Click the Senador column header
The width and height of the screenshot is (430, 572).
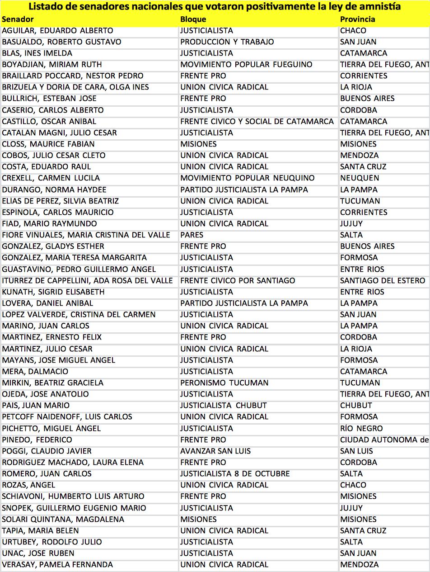18,19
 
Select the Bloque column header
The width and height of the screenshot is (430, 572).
193,19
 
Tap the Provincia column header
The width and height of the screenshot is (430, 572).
357,19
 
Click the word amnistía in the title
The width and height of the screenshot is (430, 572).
379,7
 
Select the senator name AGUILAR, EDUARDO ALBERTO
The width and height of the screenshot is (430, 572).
57,31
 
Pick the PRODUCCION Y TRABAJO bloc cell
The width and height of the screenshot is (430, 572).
227,42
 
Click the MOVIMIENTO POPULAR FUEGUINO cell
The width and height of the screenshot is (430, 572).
246,65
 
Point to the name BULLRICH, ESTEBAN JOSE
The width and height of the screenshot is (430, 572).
49,99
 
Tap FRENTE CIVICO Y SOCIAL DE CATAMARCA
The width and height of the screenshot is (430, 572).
257,122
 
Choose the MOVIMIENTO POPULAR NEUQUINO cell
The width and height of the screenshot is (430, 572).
247,178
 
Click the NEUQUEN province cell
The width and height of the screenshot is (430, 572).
360,178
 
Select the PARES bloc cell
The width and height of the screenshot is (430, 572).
192,235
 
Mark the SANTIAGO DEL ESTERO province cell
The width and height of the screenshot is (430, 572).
382,281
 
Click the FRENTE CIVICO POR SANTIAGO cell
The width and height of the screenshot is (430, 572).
238,281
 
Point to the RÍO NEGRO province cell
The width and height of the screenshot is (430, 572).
361,429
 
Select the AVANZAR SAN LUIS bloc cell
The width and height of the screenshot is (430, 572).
215,451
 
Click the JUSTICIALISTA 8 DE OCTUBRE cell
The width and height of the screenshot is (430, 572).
234,474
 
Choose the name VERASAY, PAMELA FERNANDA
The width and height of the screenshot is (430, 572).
57,565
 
